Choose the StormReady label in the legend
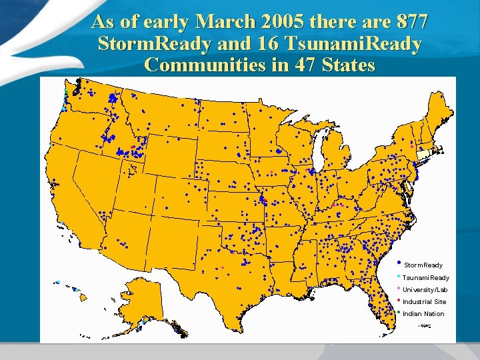423,265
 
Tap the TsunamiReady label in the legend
426,277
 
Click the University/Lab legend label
425,290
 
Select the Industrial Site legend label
425,302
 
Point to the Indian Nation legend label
423,314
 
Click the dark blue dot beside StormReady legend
399,262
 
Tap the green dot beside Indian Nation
399,311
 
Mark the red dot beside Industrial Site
399,299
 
